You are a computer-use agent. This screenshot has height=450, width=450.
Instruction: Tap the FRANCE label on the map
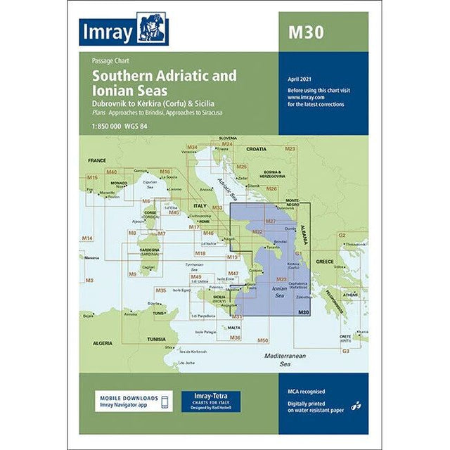coord(96,161)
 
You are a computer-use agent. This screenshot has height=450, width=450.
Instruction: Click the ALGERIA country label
coord(103,342)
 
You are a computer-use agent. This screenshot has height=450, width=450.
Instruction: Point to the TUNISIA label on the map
coord(156,338)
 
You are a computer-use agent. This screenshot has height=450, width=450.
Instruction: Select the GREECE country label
coord(325,261)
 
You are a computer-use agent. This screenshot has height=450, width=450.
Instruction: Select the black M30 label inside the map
coord(303,312)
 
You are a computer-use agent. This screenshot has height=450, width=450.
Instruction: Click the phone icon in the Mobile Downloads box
coord(165,402)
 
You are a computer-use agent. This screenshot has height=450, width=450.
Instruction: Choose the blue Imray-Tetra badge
coord(211,401)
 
